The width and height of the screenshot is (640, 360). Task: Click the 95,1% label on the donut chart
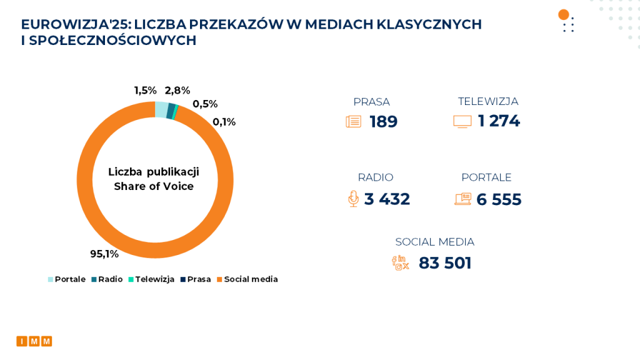tap(104, 254)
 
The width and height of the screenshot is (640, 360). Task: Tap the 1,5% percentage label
tap(145, 91)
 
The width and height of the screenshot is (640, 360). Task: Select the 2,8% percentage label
tap(177, 91)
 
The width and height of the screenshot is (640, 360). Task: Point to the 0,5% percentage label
tap(205, 104)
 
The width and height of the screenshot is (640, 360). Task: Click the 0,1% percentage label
tap(224, 122)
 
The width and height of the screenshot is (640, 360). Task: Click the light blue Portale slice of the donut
tap(161, 109)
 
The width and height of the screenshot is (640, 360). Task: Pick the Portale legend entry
tap(67, 279)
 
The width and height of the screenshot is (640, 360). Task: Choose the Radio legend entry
tap(107, 279)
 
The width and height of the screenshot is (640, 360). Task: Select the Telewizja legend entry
tap(151, 279)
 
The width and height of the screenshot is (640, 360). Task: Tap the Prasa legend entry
tap(196, 279)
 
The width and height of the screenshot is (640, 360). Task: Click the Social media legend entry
tap(247, 279)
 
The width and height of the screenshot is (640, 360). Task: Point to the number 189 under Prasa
tap(383, 122)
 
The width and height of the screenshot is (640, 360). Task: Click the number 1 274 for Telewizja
tap(499, 121)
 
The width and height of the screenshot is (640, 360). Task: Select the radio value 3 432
tap(387, 199)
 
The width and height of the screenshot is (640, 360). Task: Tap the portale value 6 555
tap(499, 199)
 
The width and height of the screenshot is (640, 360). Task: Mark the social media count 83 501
tap(445, 263)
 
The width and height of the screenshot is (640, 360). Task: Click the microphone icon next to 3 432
tap(353, 199)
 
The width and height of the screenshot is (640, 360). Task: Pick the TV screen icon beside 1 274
tap(462, 122)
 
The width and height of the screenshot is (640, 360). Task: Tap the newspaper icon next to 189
tap(354, 122)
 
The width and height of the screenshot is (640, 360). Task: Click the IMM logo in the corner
tap(34, 341)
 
